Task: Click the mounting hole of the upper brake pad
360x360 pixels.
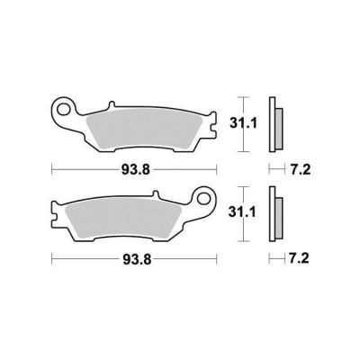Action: (x=63, y=109)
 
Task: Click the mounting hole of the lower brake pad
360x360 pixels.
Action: (x=205, y=198)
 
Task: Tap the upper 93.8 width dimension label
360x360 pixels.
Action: (x=135, y=170)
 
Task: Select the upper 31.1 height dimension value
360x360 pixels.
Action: (x=243, y=123)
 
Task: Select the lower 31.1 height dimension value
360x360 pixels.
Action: (x=242, y=212)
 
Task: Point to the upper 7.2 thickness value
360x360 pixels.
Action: (x=301, y=170)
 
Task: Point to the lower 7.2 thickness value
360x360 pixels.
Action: (x=299, y=258)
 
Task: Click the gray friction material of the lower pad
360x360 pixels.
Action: (x=123, y=219)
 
